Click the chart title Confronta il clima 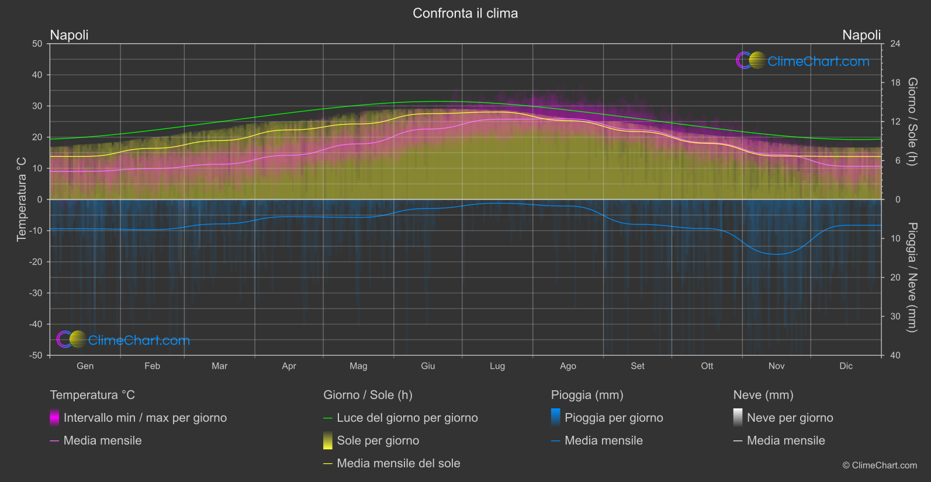pos(465,13)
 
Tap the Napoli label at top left pos(70,35)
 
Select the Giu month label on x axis pos(428,366)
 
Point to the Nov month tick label pos(776,366)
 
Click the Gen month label pos(85,366)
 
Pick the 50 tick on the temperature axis pos(37,44)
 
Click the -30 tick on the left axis pos(36,293)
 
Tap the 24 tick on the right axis pos(895,44)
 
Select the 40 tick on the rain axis pos(895,355)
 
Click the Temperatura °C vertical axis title pos(22,199)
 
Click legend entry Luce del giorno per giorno pos(407,418)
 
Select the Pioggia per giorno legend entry pos(614,418)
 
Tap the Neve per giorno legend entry pos(790,418)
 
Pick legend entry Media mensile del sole pos(398,463)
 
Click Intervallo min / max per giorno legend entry pos(145,418)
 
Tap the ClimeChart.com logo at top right pos(803,61)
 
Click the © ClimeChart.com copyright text pos(880,466)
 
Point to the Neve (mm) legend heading pos(763,395)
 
